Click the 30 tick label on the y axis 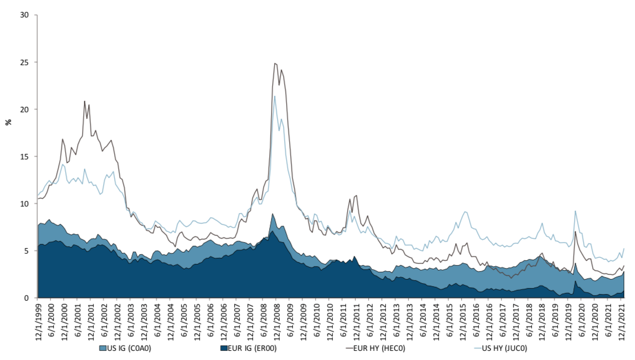[25, 15]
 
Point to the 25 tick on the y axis [25, 62]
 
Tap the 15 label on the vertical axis [25, 156]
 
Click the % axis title [8, 122]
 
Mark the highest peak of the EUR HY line [275, 63]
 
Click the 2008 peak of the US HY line [275, 96]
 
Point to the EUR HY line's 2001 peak [85, 101]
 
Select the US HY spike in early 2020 [575, 211]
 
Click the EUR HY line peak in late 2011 [356, 195]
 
